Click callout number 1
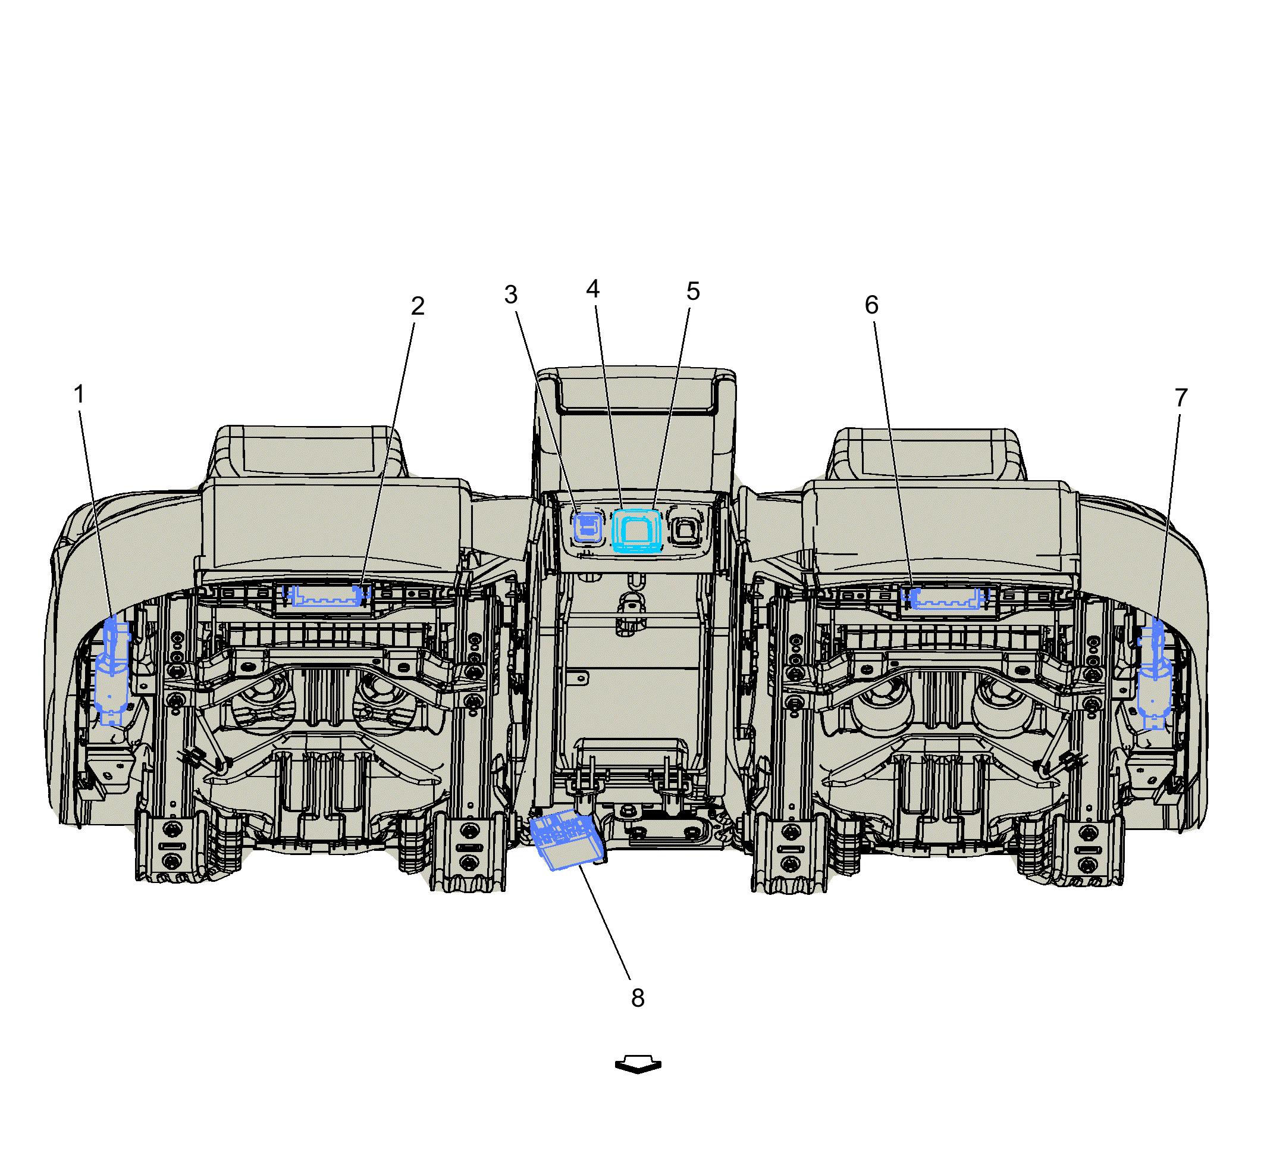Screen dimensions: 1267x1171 [x=79, y=394]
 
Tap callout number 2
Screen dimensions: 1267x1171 [x=418, y=306]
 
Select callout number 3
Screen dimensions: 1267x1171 [x=510, y=295]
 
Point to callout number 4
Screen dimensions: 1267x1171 [x=592, y=289]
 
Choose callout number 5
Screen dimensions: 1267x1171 [x=693, y=292]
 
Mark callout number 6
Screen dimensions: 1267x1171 [x=871, y=305]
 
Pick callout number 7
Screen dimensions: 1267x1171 [x=1181, y=398]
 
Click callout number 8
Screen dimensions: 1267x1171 [x=638, y=998]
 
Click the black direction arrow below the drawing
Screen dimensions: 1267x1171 [x=638, y=1064]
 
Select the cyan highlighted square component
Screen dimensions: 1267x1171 [x=636, y=530]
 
